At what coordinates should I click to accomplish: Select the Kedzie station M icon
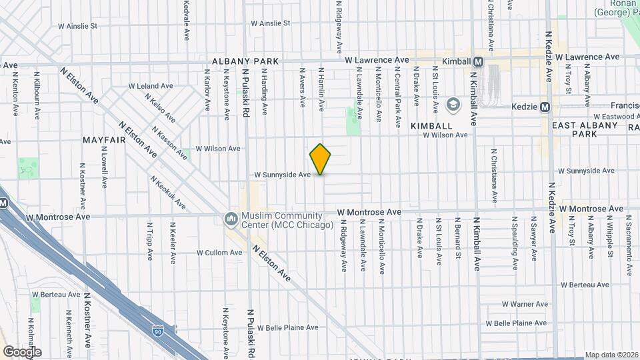pos(545,107)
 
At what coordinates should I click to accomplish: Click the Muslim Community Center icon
pos(231,219)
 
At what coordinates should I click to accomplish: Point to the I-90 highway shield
pos(157,330)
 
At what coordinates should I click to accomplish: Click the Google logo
pos(22,351)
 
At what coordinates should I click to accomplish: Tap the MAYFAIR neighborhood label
pos(105,140)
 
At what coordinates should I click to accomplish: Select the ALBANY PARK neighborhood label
pos(245,61)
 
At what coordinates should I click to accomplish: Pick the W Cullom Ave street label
pos(219,253)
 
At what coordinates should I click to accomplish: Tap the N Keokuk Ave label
pos(167,193)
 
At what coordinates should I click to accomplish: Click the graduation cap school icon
pos(453,105)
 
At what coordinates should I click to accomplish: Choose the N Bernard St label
pos(459,237)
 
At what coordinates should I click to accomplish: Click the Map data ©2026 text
pos(611,355)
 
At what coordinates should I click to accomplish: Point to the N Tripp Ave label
pos(148,241)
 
